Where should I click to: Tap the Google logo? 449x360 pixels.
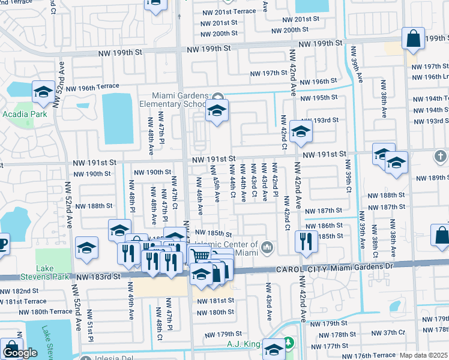click(20, 353)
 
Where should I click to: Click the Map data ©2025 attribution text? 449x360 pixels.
click(423, 355)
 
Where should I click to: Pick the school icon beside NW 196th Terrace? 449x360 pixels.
click(43, 92)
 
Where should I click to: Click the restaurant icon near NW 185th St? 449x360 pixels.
click(307, 241)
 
